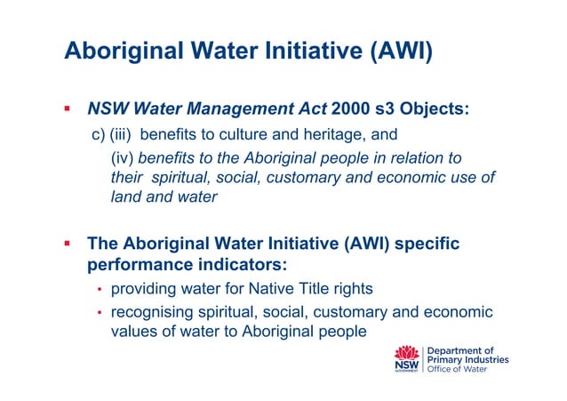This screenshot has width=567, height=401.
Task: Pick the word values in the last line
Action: pyautogui.click(x=132, y=332)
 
